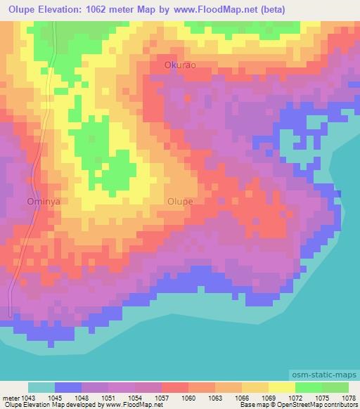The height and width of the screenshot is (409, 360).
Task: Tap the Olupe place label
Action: coord(180,201)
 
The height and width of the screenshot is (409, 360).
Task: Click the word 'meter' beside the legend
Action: coord(9,398)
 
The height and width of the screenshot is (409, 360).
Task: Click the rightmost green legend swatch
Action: coord(335,388)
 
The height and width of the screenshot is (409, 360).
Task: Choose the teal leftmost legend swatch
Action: coord(41,388)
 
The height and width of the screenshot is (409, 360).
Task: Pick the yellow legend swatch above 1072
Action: coord(282,388)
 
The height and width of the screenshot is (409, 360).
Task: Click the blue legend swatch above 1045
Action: coord(68,388)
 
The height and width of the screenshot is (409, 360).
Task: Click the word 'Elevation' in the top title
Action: coord(66,9)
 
